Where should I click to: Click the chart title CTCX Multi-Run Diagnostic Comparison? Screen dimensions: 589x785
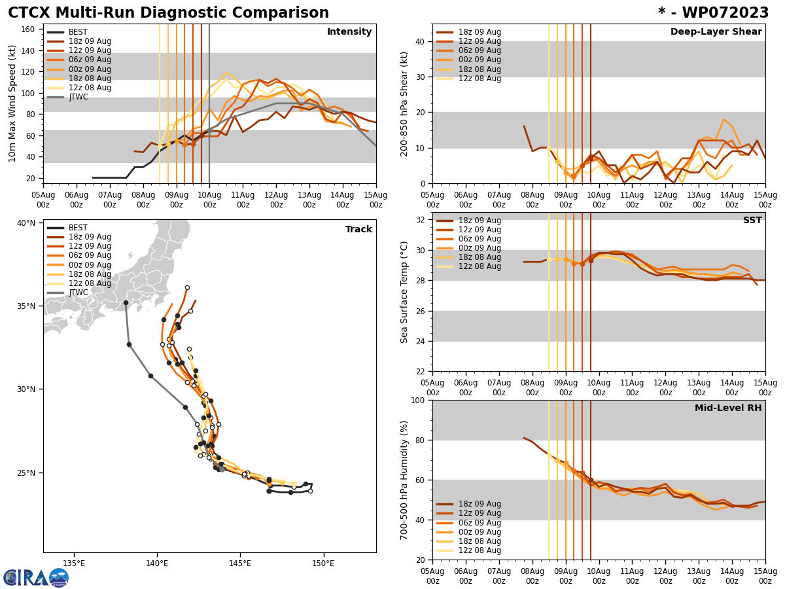click(168, 13)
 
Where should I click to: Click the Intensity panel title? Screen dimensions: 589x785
click(349, 32)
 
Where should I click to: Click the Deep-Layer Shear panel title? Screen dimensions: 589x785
click(716, 32)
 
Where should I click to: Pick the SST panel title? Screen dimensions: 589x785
click(752, 221)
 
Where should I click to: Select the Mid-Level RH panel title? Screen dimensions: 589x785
click(728, 408)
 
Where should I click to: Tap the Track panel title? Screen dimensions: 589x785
click(358, 230)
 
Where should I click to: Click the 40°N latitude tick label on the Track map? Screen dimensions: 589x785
click(26, 223)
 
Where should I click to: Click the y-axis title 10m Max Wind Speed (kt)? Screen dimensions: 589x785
click(12, 103)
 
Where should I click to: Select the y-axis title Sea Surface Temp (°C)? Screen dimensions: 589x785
click(404, 292)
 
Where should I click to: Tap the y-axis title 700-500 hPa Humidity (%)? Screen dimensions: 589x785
click(404, 480)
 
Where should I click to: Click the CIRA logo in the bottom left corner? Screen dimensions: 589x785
click(35, 577)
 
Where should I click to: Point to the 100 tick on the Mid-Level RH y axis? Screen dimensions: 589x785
click(421, 400)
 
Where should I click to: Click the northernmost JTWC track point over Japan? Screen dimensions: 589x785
click(126, 302)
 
